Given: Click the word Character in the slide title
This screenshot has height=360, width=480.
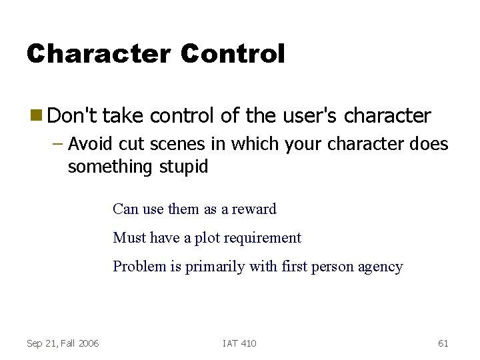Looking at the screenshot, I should (x=99, y=54).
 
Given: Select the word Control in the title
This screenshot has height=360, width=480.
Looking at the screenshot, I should (x=233, y=54).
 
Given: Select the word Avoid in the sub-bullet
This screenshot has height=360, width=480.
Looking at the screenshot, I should (x=89, y=144).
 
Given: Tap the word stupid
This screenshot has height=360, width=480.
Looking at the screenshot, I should (x=183, y=167).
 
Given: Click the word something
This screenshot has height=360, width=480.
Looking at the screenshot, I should (x=111, y=167).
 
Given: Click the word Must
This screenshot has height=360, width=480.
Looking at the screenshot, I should (x=129, y=237).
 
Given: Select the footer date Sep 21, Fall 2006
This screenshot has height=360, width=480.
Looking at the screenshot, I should (x=63, y=343).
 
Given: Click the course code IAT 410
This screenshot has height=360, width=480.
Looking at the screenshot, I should (x=239, y=343).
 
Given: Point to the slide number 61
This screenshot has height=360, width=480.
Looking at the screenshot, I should (x=443, y=343).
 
